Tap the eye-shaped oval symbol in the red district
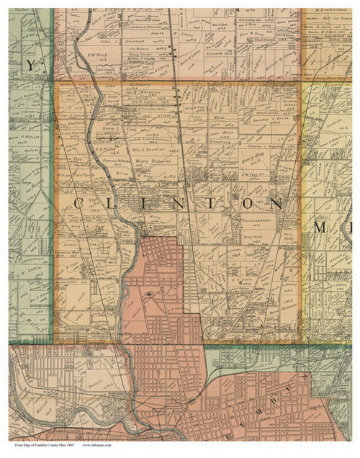149,293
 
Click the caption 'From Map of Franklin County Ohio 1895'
43,446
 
